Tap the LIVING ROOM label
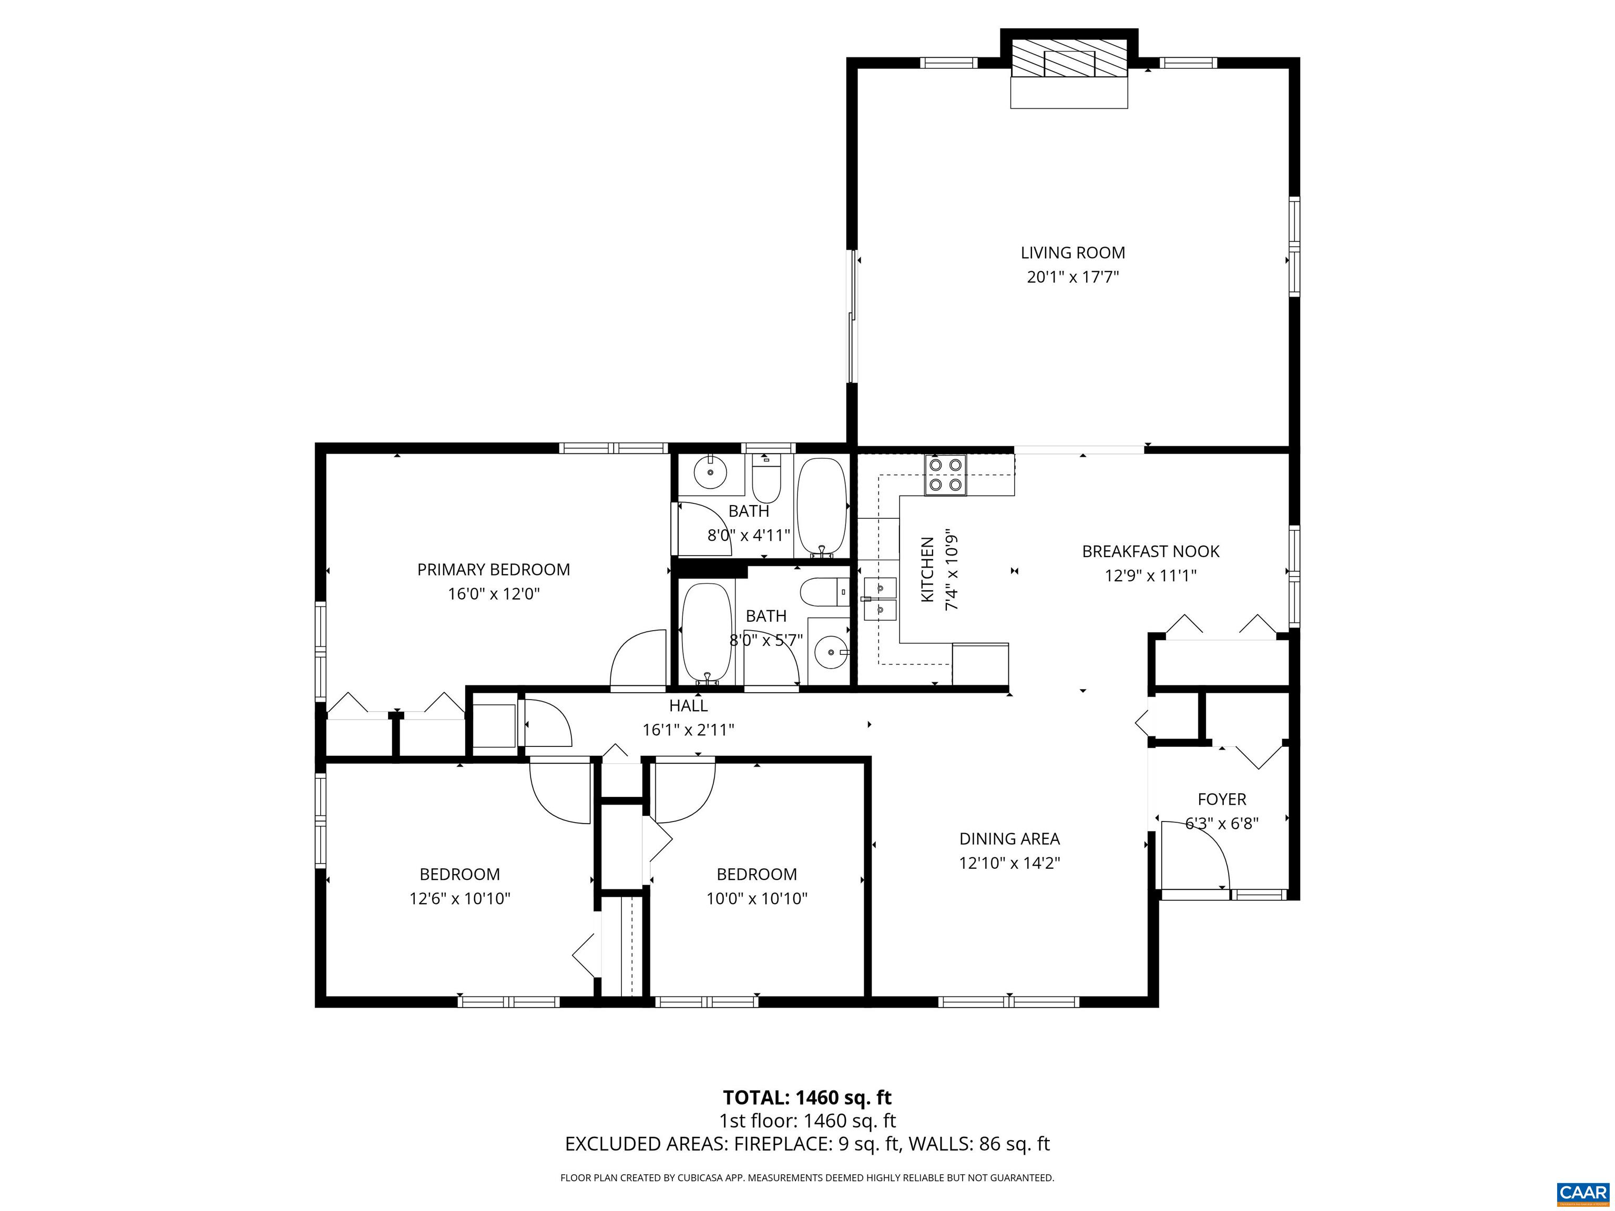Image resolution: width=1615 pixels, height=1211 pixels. pos(1072,253)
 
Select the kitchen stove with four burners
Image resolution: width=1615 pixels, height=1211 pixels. pos(945,475)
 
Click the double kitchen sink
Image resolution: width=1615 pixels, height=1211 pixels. pos(880,598)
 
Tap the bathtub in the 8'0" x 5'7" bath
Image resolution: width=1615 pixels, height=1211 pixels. pos(706,632)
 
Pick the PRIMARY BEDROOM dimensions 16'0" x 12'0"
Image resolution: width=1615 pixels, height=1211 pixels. pos(494,593)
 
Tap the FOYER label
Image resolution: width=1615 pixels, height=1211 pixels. pos(1221,799)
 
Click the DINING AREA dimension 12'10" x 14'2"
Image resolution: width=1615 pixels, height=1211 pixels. pos(1009,863)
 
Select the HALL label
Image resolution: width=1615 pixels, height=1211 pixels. pos(688,705)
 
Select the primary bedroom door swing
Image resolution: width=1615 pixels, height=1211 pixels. pos(637,659)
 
